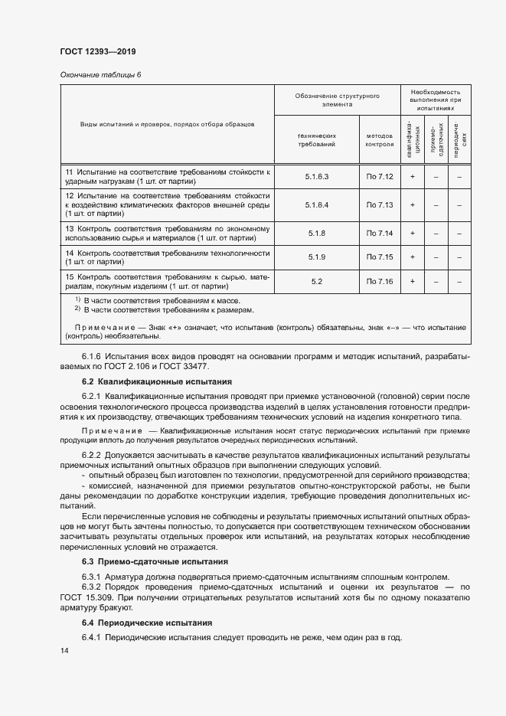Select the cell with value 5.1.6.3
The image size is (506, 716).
pos(316,177)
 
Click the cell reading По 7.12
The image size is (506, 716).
pos(379,177)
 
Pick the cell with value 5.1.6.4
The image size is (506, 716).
pos(316,205)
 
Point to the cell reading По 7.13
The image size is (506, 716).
pos(379,205)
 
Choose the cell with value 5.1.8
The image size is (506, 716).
pos(316,233)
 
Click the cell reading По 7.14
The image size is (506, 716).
pos(379,233)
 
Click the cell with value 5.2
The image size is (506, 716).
pos(316,282)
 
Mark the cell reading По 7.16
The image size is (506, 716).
pos(379,282)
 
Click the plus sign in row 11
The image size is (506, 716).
pos(412,177)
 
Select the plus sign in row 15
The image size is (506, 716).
pos(412,282)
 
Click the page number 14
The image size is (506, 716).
pos(64,650)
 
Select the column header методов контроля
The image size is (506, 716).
pos(379,139)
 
